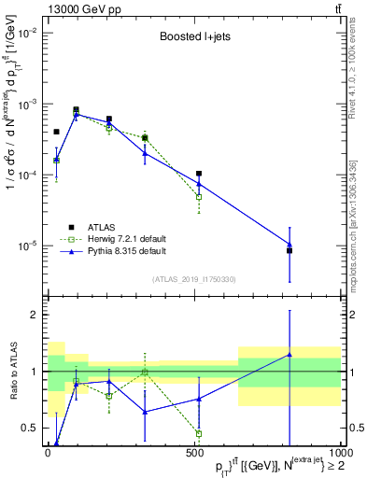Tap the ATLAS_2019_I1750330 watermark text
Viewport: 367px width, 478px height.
(x=194, y=279)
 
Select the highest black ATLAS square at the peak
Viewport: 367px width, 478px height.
(x=76, y=109)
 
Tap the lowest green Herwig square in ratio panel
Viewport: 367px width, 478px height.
(x=199, y=433)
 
